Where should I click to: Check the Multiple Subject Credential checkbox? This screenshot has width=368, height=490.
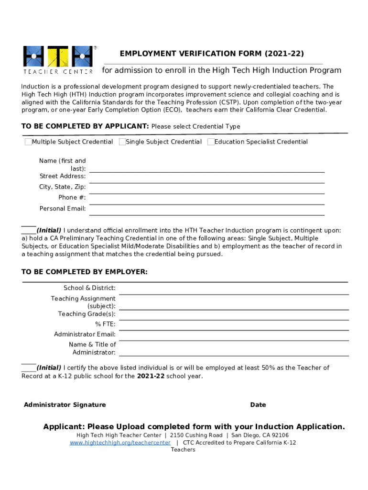click(28, 142)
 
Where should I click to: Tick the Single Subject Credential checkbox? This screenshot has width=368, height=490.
click(122, 142)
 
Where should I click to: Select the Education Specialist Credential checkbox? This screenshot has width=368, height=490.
click(211, 142)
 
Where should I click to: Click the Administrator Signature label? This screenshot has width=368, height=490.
click(65, 405)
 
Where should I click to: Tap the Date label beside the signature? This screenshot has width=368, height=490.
click(258, 405)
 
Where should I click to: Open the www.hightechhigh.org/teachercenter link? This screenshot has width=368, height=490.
click(120, 443)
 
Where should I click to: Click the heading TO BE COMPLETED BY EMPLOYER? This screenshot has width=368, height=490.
click(85, 272)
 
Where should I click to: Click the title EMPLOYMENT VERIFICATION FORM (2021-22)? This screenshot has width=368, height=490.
click(212, 54)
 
